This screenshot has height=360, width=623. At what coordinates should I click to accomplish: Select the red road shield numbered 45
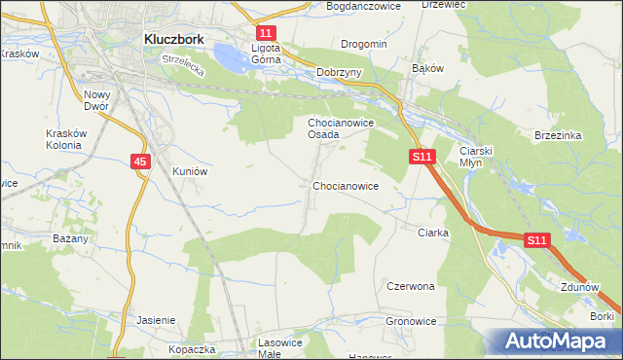141,162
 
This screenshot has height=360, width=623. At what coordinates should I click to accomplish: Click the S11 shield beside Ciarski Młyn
421,156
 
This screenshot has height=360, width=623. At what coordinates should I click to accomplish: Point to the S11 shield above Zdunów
537,239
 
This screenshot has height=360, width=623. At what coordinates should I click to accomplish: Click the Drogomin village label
364,44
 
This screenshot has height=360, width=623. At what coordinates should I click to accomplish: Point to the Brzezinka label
558,135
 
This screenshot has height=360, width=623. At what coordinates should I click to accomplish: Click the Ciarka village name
432,233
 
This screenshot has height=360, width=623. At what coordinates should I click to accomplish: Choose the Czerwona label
410,287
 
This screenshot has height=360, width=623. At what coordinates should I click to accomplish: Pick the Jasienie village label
156,320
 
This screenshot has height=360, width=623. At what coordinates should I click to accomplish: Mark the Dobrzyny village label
340,73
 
